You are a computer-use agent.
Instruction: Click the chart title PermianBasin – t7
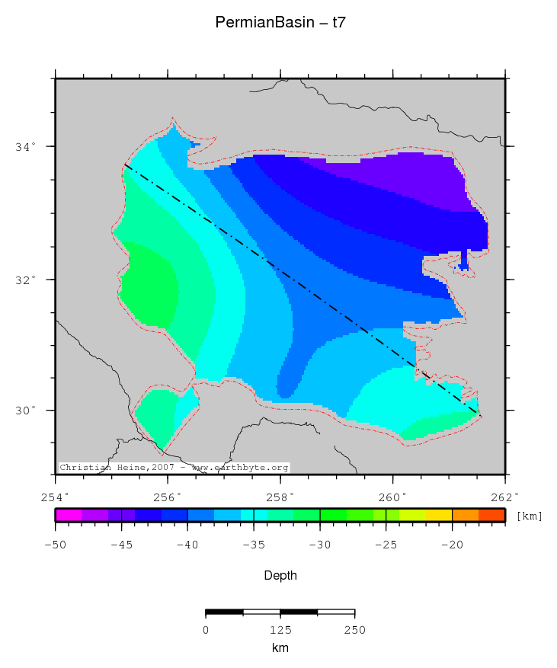[281, 23]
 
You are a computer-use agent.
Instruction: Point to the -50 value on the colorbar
[56, 545]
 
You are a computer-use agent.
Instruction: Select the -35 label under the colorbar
[254, 545]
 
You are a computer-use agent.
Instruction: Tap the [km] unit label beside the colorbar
[530, 516]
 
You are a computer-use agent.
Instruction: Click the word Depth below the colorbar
[280, 576]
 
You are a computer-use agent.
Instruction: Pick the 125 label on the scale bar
[280, 630]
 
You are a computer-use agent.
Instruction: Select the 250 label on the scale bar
[355, 630]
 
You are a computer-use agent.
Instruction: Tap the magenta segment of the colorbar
[69, 515]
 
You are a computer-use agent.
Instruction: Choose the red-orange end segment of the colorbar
[492, 515]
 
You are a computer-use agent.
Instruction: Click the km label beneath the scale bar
[280, 647]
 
